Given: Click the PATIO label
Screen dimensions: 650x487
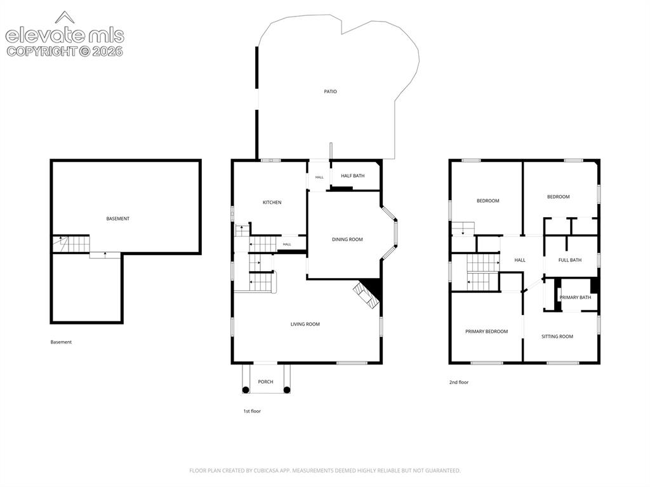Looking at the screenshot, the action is click(x=330, y=91).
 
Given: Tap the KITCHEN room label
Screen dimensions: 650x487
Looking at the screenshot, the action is click(x=272, y=203).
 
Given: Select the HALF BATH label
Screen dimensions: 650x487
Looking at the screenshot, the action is click(x=353, y=176).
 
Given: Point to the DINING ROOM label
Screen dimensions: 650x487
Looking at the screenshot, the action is click(x=347, y=239).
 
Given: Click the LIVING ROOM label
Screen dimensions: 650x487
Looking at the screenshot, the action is click(x=305, y=324).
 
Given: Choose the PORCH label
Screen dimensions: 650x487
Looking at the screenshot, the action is click(x=266, y=382).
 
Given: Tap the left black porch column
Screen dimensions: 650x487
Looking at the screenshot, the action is click(x=246, y=389).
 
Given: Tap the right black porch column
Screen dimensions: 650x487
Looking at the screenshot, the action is click(x=287, y=389).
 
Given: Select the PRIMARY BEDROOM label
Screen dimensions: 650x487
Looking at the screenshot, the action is click(x=487, y=331).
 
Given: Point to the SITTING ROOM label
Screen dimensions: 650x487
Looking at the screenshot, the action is click(x=557, y=337).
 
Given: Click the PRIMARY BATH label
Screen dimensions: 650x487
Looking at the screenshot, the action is click(x=575, y=297).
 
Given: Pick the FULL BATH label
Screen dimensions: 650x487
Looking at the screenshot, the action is click(x=570, y=260).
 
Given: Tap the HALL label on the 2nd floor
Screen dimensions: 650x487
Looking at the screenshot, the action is click(x=520, y=260).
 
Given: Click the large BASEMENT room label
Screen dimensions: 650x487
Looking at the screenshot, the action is click(x=117, y=218).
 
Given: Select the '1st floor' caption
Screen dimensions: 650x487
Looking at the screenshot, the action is click(x=252, y=411).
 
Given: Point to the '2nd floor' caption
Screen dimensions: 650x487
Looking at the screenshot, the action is click(x=459, y=382).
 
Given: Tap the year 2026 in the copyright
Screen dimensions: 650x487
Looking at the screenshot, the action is click(x=107, y=51).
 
